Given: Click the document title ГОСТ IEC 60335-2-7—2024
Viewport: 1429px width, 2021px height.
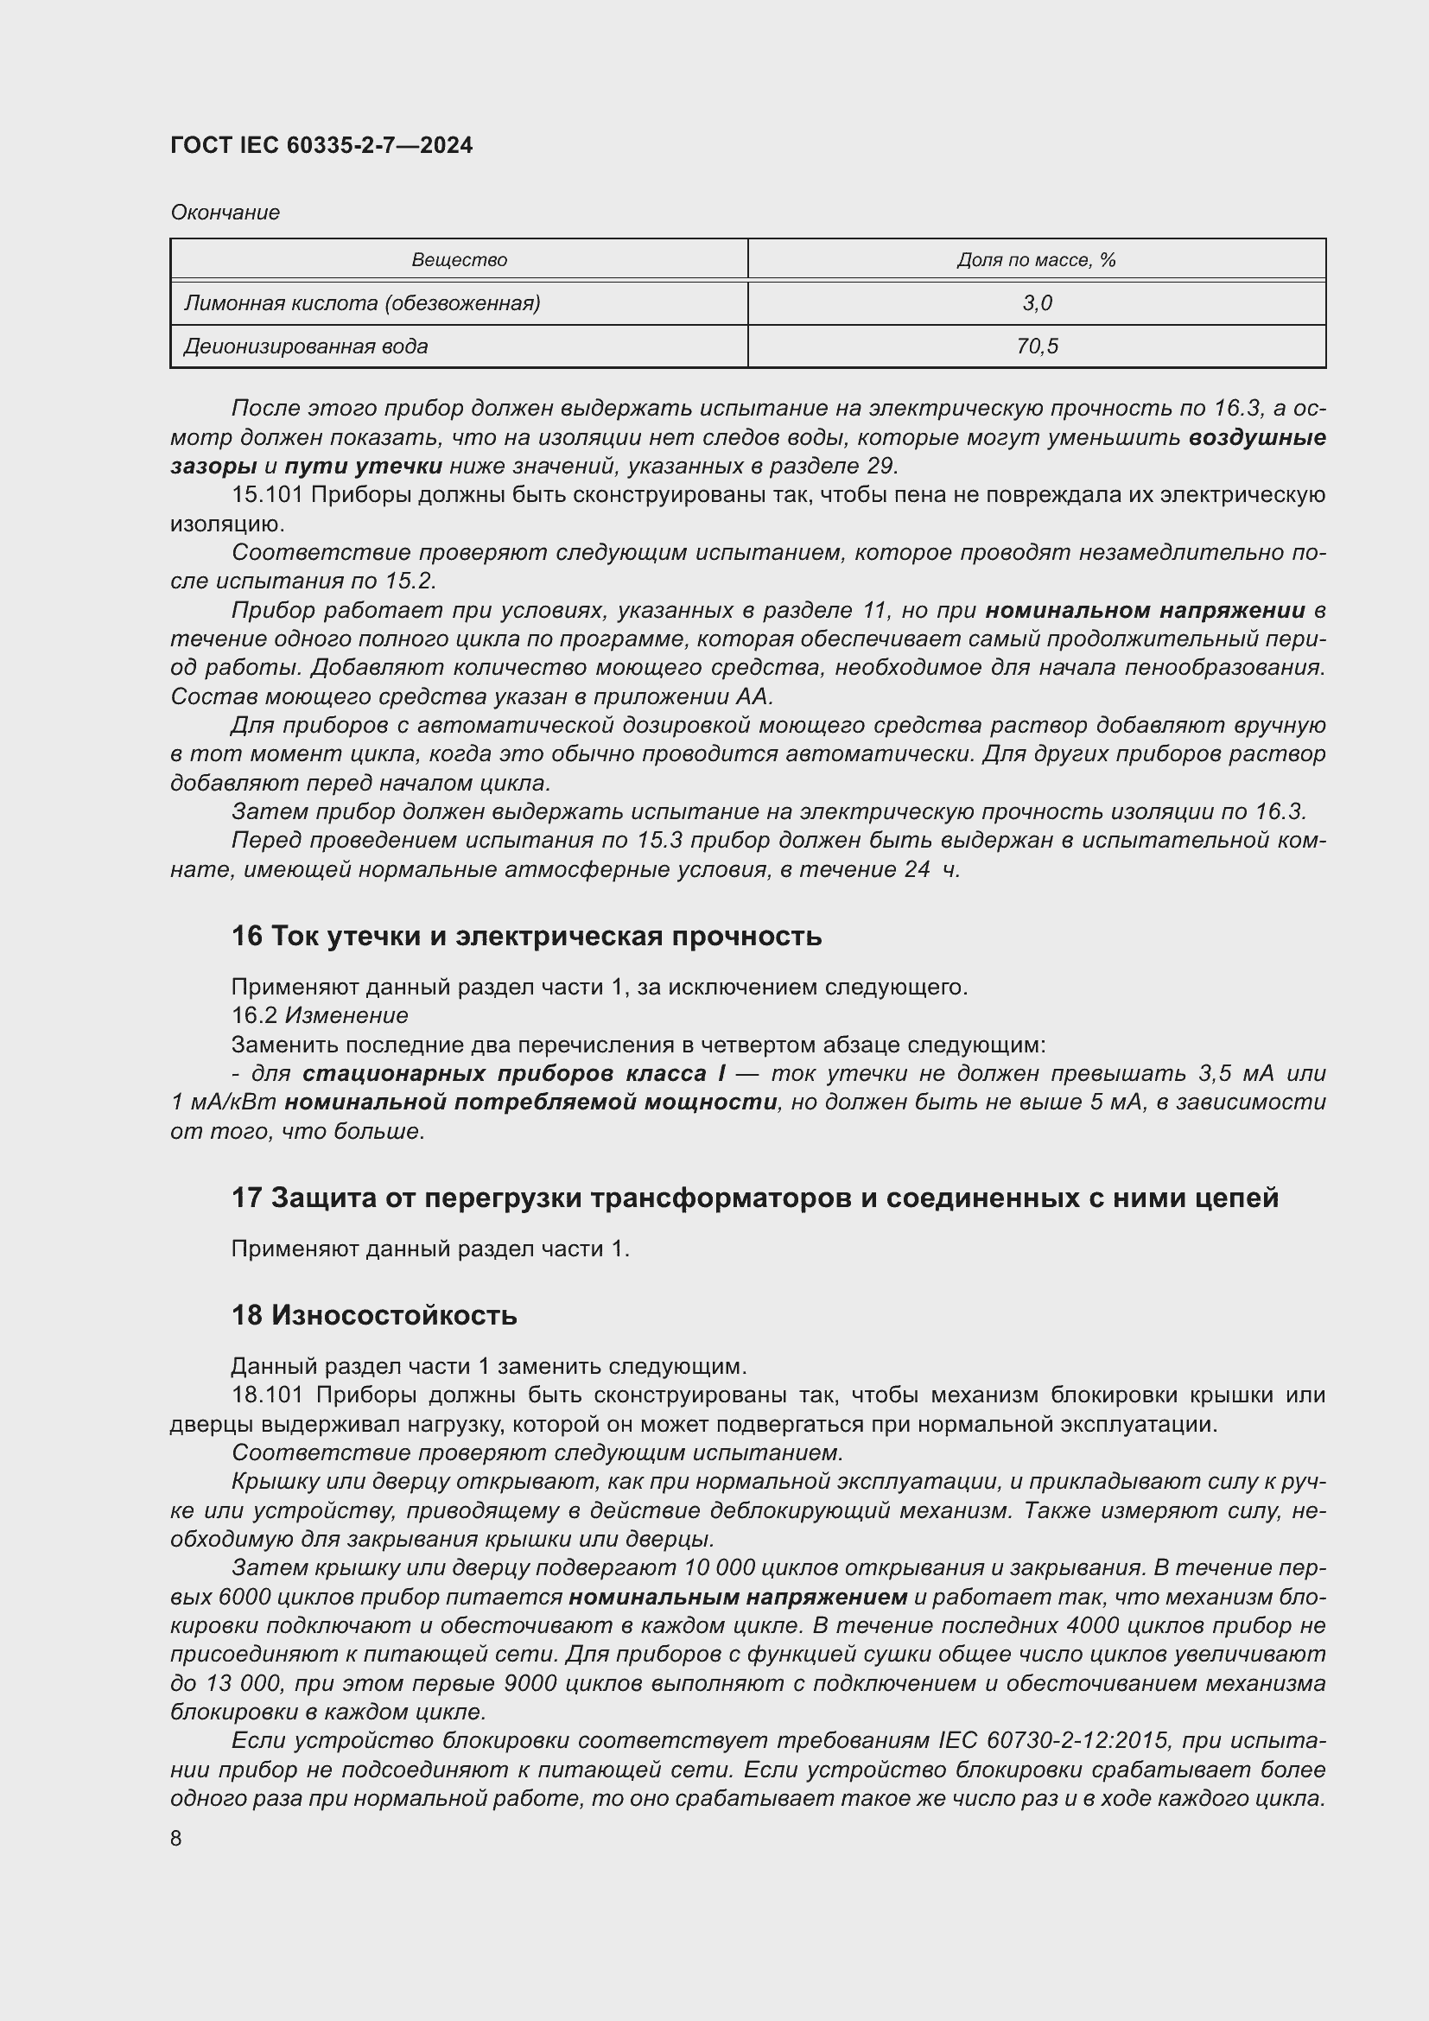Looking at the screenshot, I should pyautogui.click(x=321, y=145).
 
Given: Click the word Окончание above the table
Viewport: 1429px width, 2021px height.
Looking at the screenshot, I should pyautogui.click(x=225, y=213).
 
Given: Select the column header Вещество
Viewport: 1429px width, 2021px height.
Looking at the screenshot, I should pyautogui.click(x=459, y=260).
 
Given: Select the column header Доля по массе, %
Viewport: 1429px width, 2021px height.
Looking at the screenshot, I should pyautogui.click(x=1036, y=260).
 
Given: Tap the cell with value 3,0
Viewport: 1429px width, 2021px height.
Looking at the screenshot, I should pyautogui.click(x=1037, y=302).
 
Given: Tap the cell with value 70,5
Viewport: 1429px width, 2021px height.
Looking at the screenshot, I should pyautogui.click(x=1037, y=346).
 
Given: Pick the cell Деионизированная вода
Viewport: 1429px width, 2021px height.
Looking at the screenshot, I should pyautogui.click(x=305, y=346).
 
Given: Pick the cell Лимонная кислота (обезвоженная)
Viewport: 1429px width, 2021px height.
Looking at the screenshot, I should pyautogui.click(x=362, y=302).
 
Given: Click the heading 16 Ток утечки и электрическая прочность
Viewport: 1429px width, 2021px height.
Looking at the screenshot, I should pyautogui.click(x=526, y=936).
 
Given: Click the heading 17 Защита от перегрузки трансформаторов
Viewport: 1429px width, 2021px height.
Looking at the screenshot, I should pyautogui.click(x=754, y=1197).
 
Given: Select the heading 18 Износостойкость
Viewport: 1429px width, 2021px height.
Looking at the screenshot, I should pyautogui.click(x=374, y=1315).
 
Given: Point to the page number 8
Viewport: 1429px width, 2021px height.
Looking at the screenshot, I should pyautogui.click(x=176, y=1838).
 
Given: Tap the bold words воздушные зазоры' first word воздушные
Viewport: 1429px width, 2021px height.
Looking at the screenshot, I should pyautogui.click(x=1256, y=437).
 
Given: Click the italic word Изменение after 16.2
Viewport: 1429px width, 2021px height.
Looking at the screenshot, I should pyautogui.click(x=346, y=1016).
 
